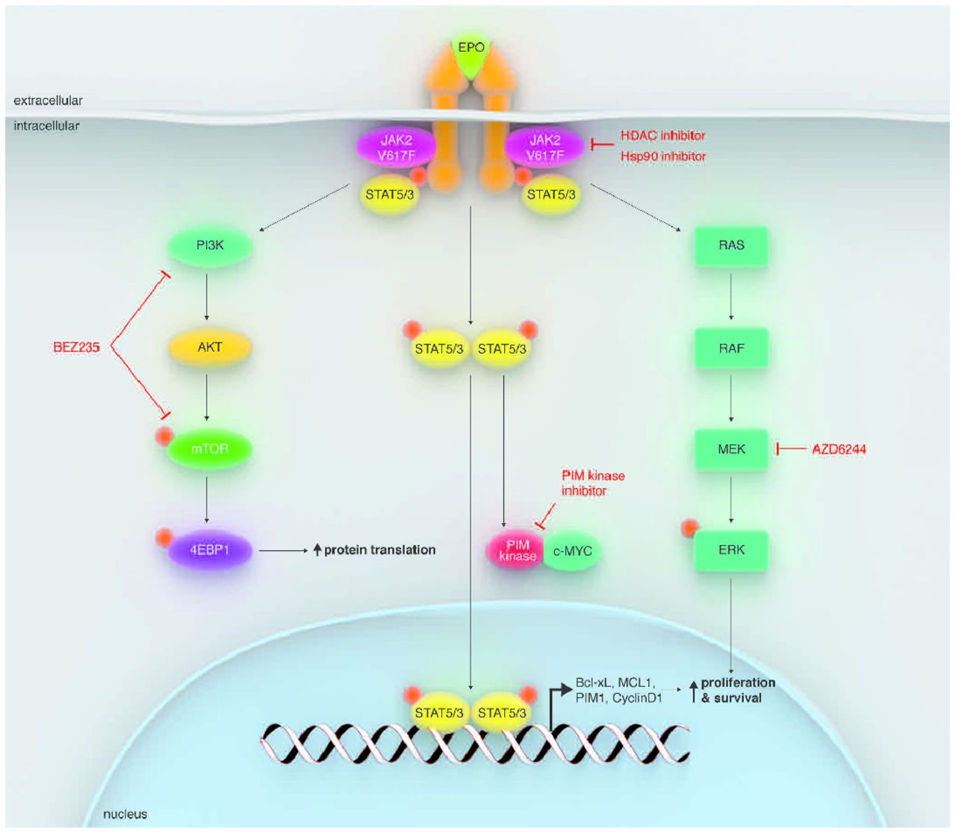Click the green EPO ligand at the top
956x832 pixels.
pyautogui.click(x=471, y=52)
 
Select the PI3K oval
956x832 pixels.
pyautogui.click(x=210, y=245)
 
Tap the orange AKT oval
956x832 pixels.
pyautogui.click(x=210, y=347)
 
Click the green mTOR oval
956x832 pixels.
pyautogui.click(x=210, y=449)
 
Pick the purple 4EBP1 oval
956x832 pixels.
pyautogui.click(x=210, y=550)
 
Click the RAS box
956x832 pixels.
pyautogui.click(x=731, y=245)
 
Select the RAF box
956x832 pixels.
pyautogui.click(x=731, y=348)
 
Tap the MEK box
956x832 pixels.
pyautogui.click(x=731, y=449)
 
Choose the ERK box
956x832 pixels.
pyautogui.click(x=731, y=550)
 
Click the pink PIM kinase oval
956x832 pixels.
pyautogui.click(x=517, y=551)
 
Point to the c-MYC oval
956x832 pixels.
pyautogui.click(x=573, y=552)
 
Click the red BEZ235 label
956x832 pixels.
pyautogui.click(x=76, y=347)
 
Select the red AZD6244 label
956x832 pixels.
pyautogui.click(x=839, y=449)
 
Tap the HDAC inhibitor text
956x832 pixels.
pyautogui.click(x=662, y=135)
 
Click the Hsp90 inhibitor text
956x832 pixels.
pyautogui.click(x=662, y=156)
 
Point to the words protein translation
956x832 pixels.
pyautogui.click(x=379, y=550)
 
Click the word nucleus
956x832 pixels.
pyautogui.click(x=125, y=814)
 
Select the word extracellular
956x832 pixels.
pyautogui.click(x=48, y=100)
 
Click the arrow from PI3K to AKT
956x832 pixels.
pyautogui.click(x=207, y=296)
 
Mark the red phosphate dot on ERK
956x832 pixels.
pyautogui.click(x=689, y=528)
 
